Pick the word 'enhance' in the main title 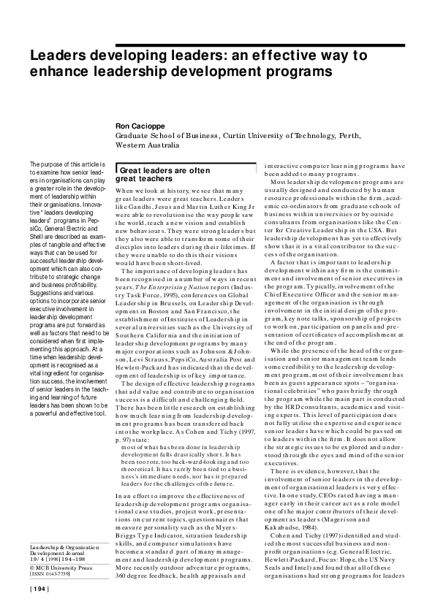(x=58, y=72)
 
